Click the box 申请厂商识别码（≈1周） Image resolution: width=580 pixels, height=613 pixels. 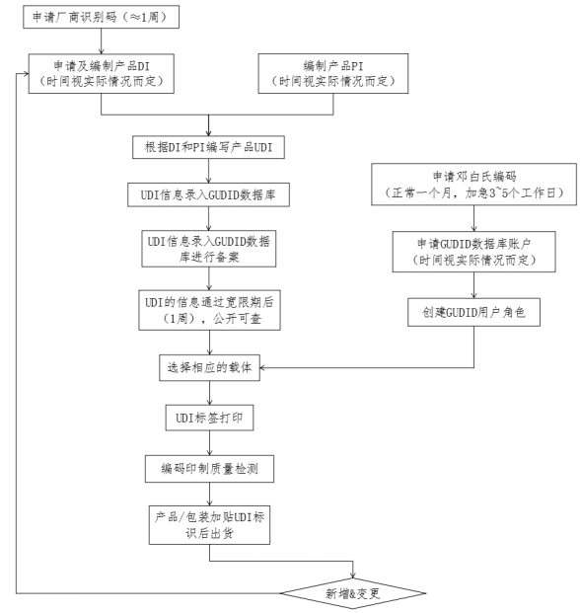(101, 17)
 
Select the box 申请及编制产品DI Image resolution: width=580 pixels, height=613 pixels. (102, 73)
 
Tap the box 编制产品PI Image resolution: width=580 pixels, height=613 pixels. (333, 73)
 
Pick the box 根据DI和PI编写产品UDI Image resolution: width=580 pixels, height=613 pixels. (208, 147)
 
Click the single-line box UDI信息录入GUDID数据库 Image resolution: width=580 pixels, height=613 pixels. (208, 194)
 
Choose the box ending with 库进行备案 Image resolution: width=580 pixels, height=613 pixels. (208, 249)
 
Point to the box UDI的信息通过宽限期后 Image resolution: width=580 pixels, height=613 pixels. (209, 310)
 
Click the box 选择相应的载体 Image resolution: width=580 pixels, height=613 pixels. (209, 367)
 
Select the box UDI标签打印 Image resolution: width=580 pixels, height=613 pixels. (209, 418)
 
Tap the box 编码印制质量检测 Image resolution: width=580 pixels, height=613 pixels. (209, 468)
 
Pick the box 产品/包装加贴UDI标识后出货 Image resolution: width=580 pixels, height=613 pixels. (209, 525)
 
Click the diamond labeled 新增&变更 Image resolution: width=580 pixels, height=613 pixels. (353, 593)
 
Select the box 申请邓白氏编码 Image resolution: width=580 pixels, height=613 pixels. (473, 185)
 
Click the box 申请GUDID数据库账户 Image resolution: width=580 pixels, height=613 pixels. (473, 252)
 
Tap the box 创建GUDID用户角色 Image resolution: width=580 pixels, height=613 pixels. (473, 312)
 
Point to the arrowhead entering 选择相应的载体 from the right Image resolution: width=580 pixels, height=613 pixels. (262, 367)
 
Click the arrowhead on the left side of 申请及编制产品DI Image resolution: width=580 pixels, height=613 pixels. (26, 73)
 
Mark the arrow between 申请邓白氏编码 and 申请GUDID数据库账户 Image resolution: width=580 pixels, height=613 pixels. (473, 218)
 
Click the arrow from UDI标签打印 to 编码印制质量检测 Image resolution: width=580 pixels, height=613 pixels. (209, 443)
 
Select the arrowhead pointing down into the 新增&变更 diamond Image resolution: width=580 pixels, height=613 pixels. (353, 575)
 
